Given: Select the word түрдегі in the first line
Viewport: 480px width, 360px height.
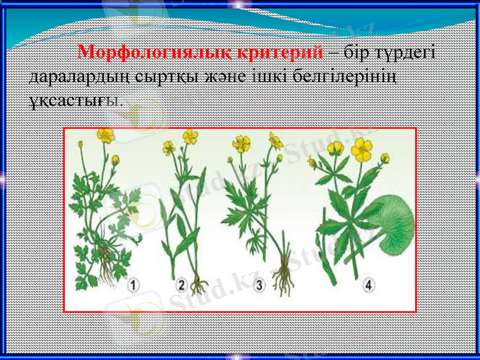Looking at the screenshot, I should tap(410, 53).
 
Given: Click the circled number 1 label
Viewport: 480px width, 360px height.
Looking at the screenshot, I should tap(133, 286).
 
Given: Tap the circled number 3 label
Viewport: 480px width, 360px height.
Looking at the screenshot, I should tap(259, 286).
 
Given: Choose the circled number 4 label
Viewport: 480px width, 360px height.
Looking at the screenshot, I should tap(368, 286).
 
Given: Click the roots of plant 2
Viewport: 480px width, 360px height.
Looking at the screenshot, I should tap(199, 282).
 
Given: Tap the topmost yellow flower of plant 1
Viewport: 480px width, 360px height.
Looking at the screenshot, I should tap(106, 136).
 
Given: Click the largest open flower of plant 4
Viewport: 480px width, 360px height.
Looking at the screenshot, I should tap(362, 148).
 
